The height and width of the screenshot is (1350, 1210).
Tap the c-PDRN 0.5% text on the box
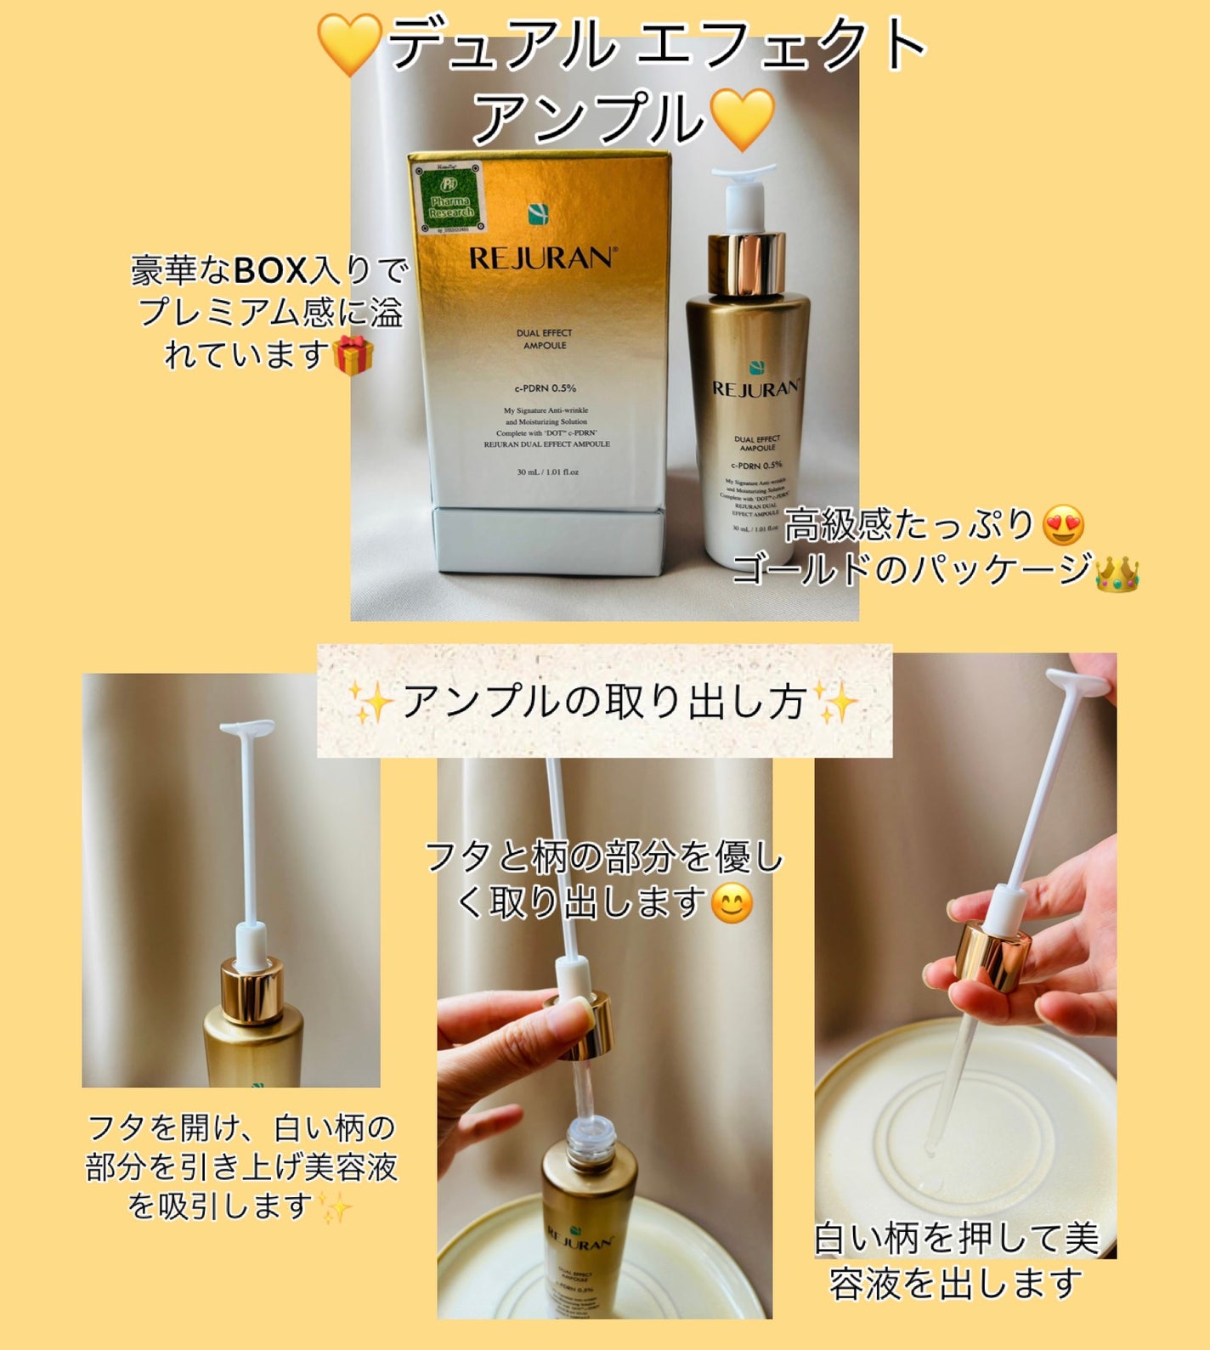(545, 388)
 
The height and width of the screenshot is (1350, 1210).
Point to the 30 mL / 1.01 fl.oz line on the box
(547, 472)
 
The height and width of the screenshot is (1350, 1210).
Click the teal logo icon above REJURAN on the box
(538, 214)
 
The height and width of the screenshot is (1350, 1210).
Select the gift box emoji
(353, 355)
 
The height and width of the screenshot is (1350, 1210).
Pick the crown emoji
(1117, 574)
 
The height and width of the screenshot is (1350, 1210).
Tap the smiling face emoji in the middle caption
(732, 903)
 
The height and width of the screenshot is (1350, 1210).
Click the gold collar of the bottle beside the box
(746, 263)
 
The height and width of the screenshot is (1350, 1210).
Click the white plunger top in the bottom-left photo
(247, 729)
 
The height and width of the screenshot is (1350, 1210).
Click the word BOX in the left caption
(270, 271)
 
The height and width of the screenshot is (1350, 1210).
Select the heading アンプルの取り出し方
(603, 702)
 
